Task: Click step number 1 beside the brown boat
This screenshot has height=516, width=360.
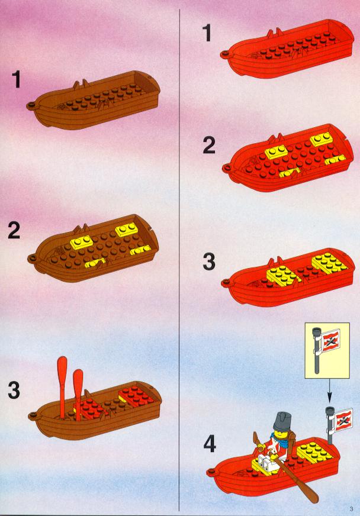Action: (x=17, y=80)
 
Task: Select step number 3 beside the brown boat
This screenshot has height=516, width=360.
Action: (x=14, y=390)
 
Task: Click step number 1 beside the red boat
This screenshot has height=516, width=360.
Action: (x=207, y=33)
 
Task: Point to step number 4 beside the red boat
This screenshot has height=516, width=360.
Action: (x=210, y=443)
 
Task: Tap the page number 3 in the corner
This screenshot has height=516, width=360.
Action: (x=352, y=509)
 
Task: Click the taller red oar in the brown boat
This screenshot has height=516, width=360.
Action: (x=62, y=385)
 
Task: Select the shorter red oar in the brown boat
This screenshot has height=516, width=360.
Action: (x=78, y=394)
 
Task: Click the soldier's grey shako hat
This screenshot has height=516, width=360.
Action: (x=282, y=422)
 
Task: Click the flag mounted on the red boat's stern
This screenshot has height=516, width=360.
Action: (x=343, y=419)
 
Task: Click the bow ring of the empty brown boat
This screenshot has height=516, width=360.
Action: (x=31, y=105)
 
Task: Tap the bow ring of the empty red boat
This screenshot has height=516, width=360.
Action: (x=225, y=54)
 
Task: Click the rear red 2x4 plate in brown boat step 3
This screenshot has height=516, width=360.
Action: (x=136, y=396)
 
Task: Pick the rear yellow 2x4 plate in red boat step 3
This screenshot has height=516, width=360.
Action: (x=329, y=263)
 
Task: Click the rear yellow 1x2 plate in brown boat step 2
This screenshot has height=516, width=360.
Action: (x=127, y=230)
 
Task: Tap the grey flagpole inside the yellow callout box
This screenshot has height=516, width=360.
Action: (x=317, y=350)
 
